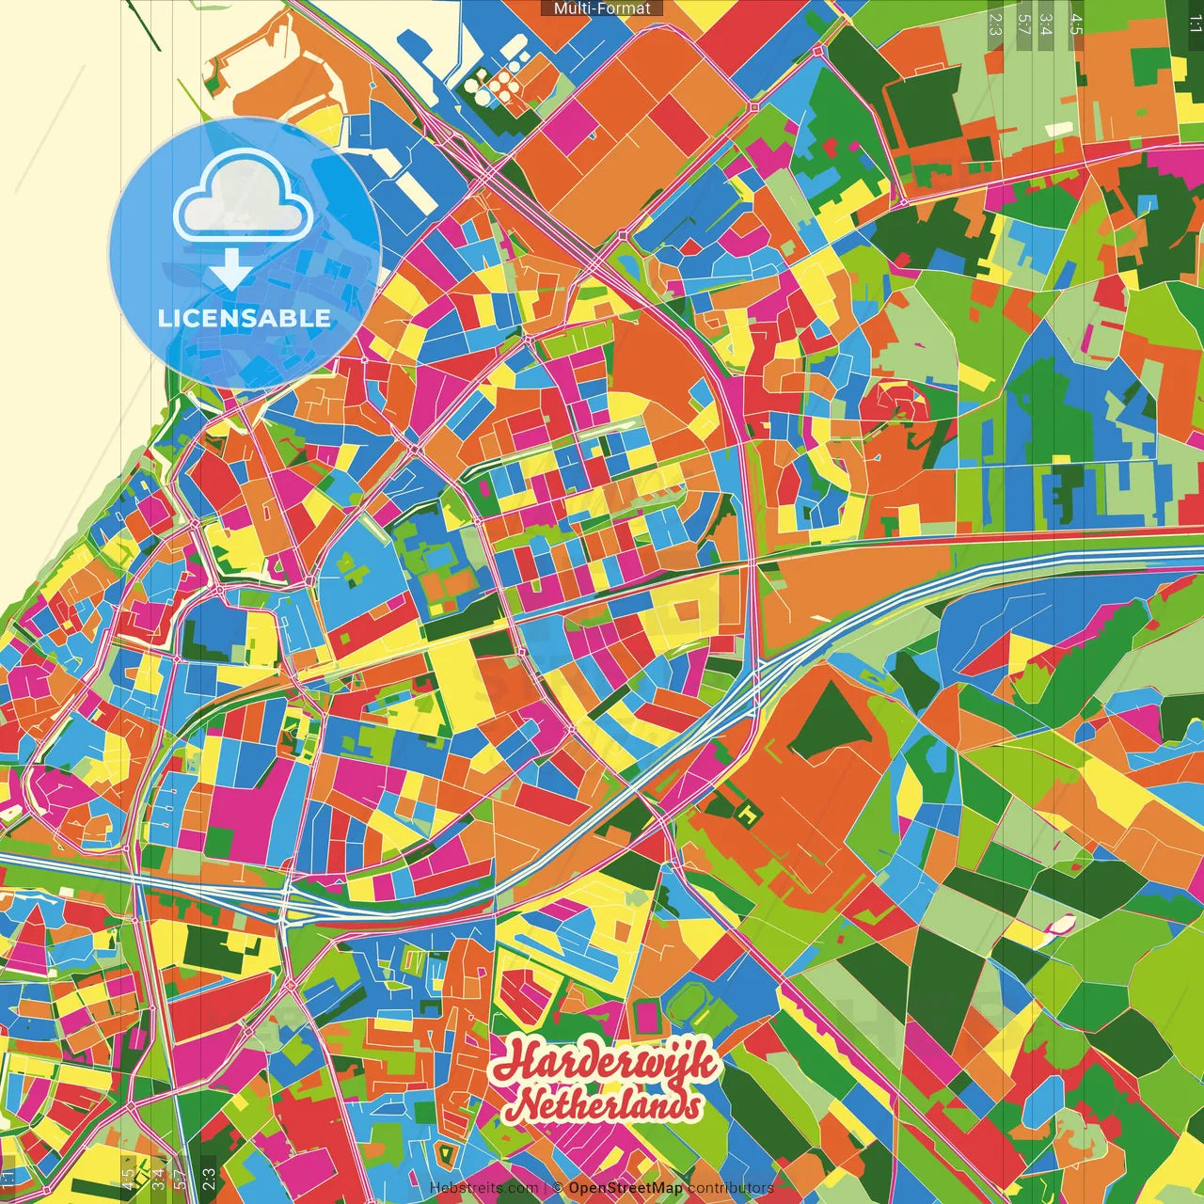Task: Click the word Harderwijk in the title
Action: click(x=607, y=1062)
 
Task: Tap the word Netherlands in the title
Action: click(x=609, y=1106)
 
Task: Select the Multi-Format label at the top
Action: click(x=602, y=8)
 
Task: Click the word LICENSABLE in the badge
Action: click(x=245, y=318)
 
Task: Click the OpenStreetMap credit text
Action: click(x=626, y=1188)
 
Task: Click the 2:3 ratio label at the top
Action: click(x=995, y=24)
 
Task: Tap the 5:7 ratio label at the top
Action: click(x=1024, y=24)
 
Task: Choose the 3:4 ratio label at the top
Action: click(x=1046, y=24)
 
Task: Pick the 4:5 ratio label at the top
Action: click(x=1076, y=24)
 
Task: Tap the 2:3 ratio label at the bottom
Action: click(x=209, y=1179)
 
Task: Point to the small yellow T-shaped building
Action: click(x=748, y=815)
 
